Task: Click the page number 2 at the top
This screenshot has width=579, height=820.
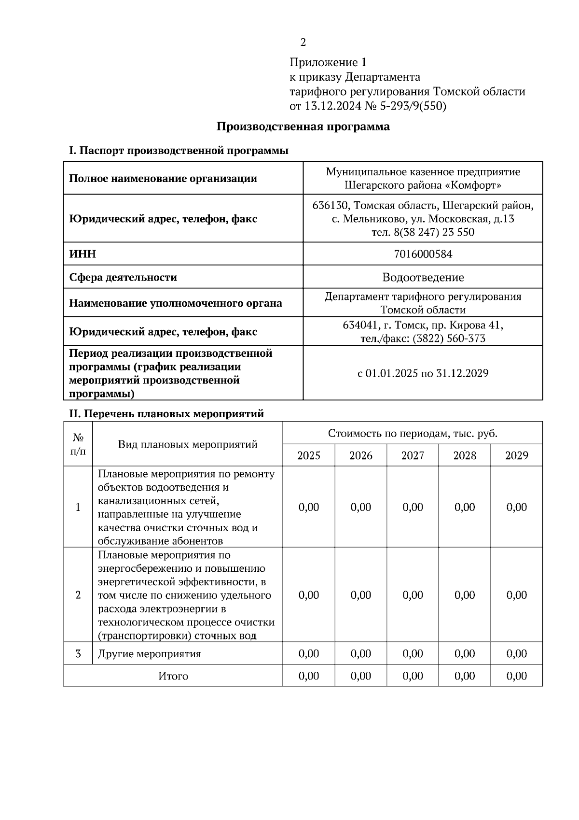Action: (x=303, y=42)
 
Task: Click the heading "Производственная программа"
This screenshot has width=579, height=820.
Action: (x=303, y=127)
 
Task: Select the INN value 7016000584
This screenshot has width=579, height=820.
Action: (x=423, y=254)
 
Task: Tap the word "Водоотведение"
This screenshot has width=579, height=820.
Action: (x=423, y=277)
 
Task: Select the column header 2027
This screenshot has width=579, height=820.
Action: (x=413, y=455)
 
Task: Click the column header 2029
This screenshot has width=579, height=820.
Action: (x=516, y=455)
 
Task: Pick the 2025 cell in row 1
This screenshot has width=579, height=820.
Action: (x=309, y=507)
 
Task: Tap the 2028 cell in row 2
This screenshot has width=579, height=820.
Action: (x=465, y=595)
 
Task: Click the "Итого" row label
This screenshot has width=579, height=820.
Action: (x=173, y=676)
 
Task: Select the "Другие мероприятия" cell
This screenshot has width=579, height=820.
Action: (x=150, y=654)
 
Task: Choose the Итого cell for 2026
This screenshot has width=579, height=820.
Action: (x=360, y=676)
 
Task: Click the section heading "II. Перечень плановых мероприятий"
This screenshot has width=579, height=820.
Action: (x=166, y=414)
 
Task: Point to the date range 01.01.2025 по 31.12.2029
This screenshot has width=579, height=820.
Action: (x=427, y=373)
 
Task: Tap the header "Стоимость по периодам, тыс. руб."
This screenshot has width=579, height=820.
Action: (x=413, y=433)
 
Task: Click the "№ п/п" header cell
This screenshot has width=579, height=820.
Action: (x=78, y=444)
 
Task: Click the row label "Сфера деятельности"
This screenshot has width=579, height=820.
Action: (x=123, y=277)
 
